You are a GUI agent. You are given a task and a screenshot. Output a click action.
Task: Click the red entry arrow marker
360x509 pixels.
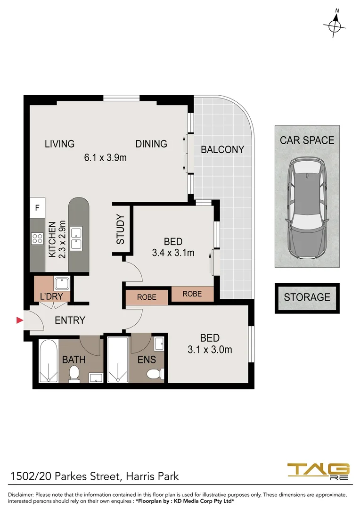[20, 320]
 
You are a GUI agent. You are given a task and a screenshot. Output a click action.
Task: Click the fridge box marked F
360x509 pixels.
[37, 207]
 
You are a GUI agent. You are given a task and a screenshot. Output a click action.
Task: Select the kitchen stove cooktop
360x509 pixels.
[38, 238]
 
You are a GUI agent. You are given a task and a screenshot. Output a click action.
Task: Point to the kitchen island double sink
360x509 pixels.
[76, 238]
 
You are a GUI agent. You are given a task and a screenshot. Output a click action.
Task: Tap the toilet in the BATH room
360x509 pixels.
[74, 374]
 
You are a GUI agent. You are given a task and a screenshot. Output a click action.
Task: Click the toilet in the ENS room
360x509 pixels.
[154, 374]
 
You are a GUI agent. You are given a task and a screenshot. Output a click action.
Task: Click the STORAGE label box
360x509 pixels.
[307, 297]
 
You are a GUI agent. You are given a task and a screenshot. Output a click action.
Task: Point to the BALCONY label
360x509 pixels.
[222, 150]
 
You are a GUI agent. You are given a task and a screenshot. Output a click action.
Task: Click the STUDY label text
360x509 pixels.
[121, 230]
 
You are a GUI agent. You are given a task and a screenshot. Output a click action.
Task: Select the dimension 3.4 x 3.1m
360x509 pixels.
[173, 253]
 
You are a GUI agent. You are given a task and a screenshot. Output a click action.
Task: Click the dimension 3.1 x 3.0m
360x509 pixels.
[210, 350]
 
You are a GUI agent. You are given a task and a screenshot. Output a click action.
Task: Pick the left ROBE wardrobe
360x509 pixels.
[147, 298]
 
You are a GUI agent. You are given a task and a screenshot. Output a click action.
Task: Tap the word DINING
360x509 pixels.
[151, 144]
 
